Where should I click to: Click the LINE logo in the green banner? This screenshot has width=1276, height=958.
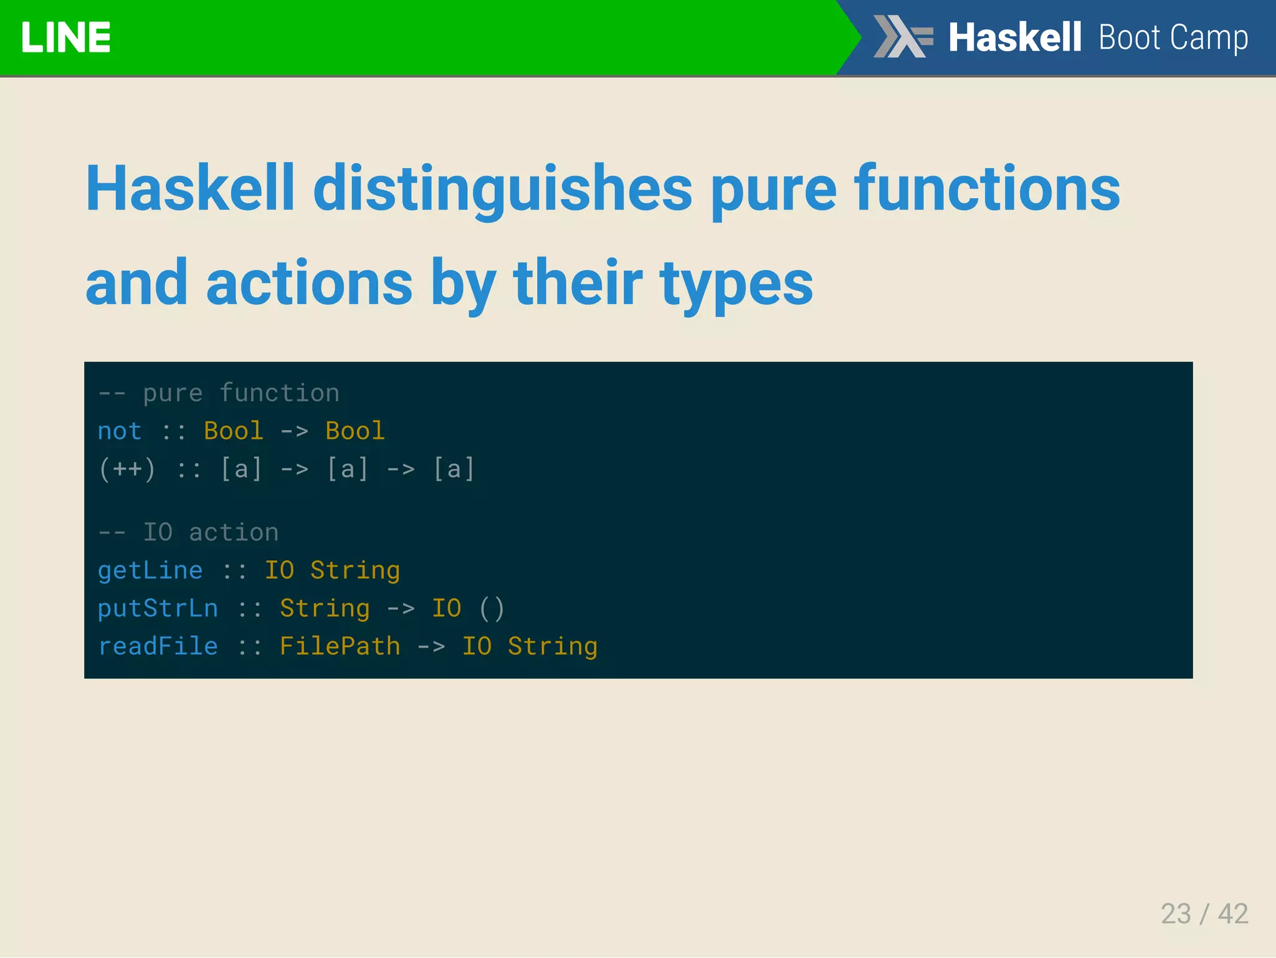pyautogui.click(x=65, y=37)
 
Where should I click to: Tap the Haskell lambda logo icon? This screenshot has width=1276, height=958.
pyautogui.click(x=903, y=37)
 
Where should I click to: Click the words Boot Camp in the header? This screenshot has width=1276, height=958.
pyautogui.click(x=1173, y=37)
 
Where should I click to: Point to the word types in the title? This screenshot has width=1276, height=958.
pyautogui.click(x=736, y=284)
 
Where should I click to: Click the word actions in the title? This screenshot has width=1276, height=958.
pyautogui.click(x=309, y=284)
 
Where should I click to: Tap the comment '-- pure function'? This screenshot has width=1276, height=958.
pyautogui.click(x=219, y=393)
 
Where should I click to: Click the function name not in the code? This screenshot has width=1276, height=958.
pyautogui.click(x=120, y=431)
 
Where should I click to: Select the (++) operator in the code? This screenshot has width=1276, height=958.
pyautogui.click(x=127, y=469)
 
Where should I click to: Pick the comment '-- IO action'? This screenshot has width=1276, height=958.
pyautogui.click(x=188, y=532)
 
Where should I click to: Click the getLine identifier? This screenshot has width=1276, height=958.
pyautogui.click(x=150, y=570)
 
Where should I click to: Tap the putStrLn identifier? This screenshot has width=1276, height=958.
pyautogui.click(x=158, y=608)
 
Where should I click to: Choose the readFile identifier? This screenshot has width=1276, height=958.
pyautogui.click(x=158, y=646)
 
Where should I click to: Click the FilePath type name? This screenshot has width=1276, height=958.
pyautogui.click(x=340, y=646)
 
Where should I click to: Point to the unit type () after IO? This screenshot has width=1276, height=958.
pyautogui.click(x=492, y=608)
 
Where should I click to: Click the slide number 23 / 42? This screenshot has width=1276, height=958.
pyautogui.click(x=1204, y=914)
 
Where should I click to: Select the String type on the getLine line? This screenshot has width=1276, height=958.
pyautogui.click(x=355, y=570)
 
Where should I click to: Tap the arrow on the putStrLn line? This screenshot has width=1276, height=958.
pyautogui.click(x=401, y=608)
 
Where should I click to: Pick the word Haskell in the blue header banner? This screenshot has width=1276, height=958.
pyautogui.click(x=1014, y=37)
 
